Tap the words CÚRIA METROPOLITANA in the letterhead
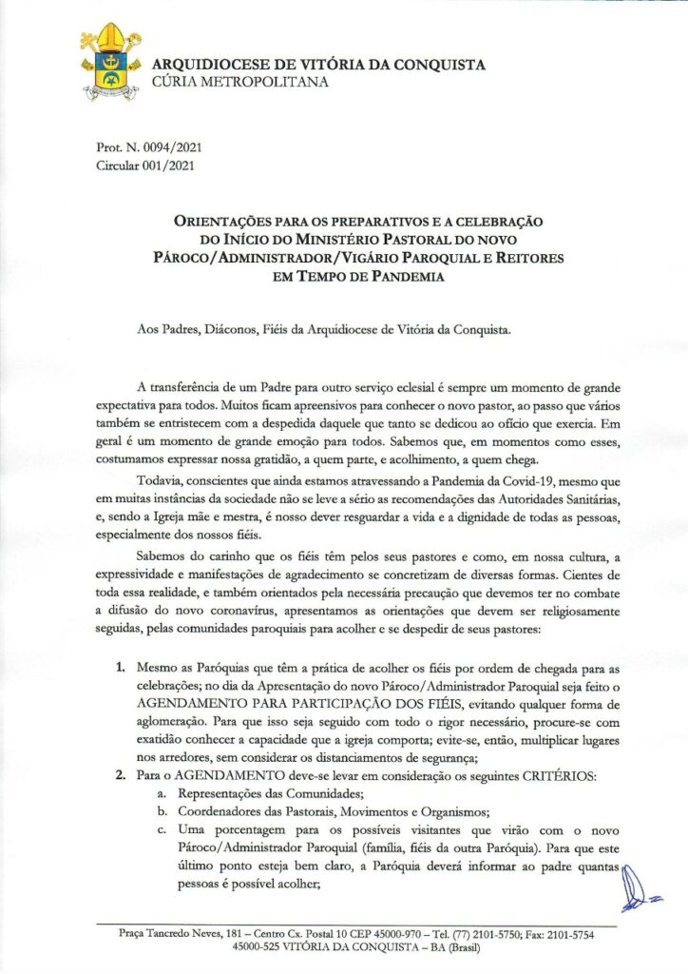(x=240, y=83)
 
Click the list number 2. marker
(x=122, y=778)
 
